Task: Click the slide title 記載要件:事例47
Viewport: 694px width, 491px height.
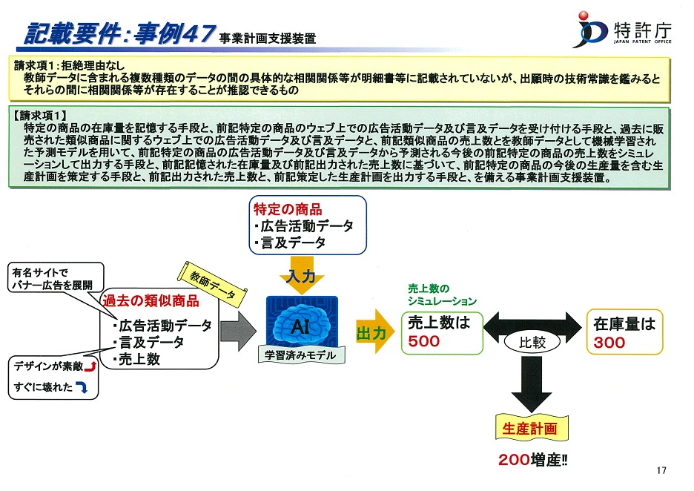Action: tap(120, 33)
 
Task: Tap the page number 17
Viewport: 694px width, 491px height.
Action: tap(661, 471)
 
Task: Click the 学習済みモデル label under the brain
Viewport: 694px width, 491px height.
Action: tap(300, 355)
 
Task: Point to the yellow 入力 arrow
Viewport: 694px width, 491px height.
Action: tap(302, 275)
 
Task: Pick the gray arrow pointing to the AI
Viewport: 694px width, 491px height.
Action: tap(238, 331)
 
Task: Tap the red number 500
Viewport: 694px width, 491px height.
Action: tap(423, 341)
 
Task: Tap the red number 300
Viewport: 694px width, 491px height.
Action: tap(609, 343)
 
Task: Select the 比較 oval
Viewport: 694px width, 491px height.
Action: tap(532, 342)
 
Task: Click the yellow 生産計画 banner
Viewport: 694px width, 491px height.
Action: tap(531, 428)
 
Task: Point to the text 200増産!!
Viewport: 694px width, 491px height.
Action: tap(532, 460)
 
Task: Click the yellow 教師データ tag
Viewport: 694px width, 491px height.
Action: tap(212, 284)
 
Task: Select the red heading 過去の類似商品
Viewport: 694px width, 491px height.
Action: tap(151, 301)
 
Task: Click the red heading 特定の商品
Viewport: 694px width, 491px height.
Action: tap(288, 209)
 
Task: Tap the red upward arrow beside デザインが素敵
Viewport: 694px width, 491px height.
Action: tap(90, 366)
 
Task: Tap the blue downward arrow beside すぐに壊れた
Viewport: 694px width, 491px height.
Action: tap(82, 387)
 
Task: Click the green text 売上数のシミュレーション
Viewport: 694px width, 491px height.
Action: tap(442, 295)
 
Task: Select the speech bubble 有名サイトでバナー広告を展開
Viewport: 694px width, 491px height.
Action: tap(56, 278)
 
